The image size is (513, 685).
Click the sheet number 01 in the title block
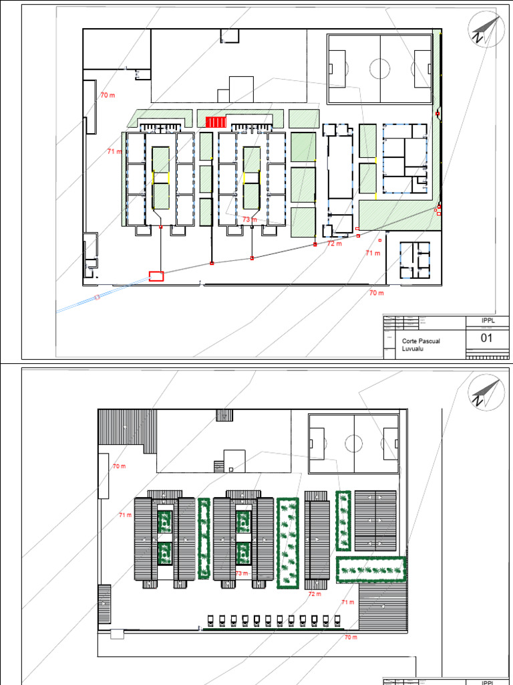(487, 338)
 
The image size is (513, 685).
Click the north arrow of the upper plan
(486, 31)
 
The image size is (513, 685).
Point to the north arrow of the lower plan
(485, 392)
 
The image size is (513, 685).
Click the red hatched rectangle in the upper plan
(216, 122)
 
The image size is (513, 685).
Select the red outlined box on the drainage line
(156, 276)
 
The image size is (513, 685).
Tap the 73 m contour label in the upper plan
(249, 219)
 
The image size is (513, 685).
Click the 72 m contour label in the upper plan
(335, 244)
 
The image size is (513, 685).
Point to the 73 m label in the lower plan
(241, 574)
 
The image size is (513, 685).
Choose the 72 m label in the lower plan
(315, 594)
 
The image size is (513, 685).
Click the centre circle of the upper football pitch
(379, 68)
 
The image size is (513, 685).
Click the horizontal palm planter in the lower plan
(371, 570)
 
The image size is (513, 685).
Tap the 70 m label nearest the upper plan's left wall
(107, 96)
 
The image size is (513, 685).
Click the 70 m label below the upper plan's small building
(377, 293)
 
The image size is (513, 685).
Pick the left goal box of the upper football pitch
(336, 68)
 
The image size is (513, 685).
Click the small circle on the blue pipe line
(97, 297)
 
